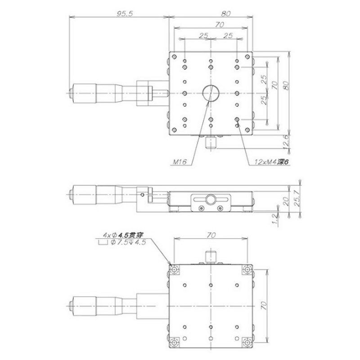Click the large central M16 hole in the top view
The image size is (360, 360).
point(210,93)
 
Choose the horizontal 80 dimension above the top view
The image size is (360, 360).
point(226,14)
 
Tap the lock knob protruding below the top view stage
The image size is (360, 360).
point(210,143)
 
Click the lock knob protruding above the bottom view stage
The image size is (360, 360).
point(210,256)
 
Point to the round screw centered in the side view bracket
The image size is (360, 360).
point(210,199)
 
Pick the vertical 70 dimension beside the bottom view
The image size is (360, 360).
point(265,307)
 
